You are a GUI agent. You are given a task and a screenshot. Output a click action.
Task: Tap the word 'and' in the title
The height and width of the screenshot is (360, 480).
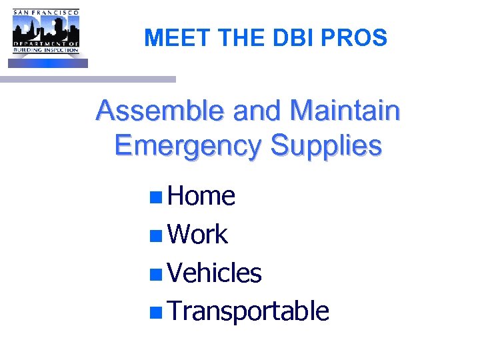click(x=257, y=111)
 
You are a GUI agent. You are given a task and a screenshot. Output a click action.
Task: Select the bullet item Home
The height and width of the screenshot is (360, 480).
click(x=201, y=196)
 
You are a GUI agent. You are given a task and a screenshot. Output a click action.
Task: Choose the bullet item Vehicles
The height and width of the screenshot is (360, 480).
click(x=215, y=273)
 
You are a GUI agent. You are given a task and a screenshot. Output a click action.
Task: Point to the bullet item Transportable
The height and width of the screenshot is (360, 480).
click(x=248, y=311)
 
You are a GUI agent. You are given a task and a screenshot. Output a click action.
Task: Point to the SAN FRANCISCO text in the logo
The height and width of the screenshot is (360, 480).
click(x=46, y=11)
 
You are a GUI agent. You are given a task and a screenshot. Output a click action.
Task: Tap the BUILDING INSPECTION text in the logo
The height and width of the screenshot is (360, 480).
click(x=46, y=50)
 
